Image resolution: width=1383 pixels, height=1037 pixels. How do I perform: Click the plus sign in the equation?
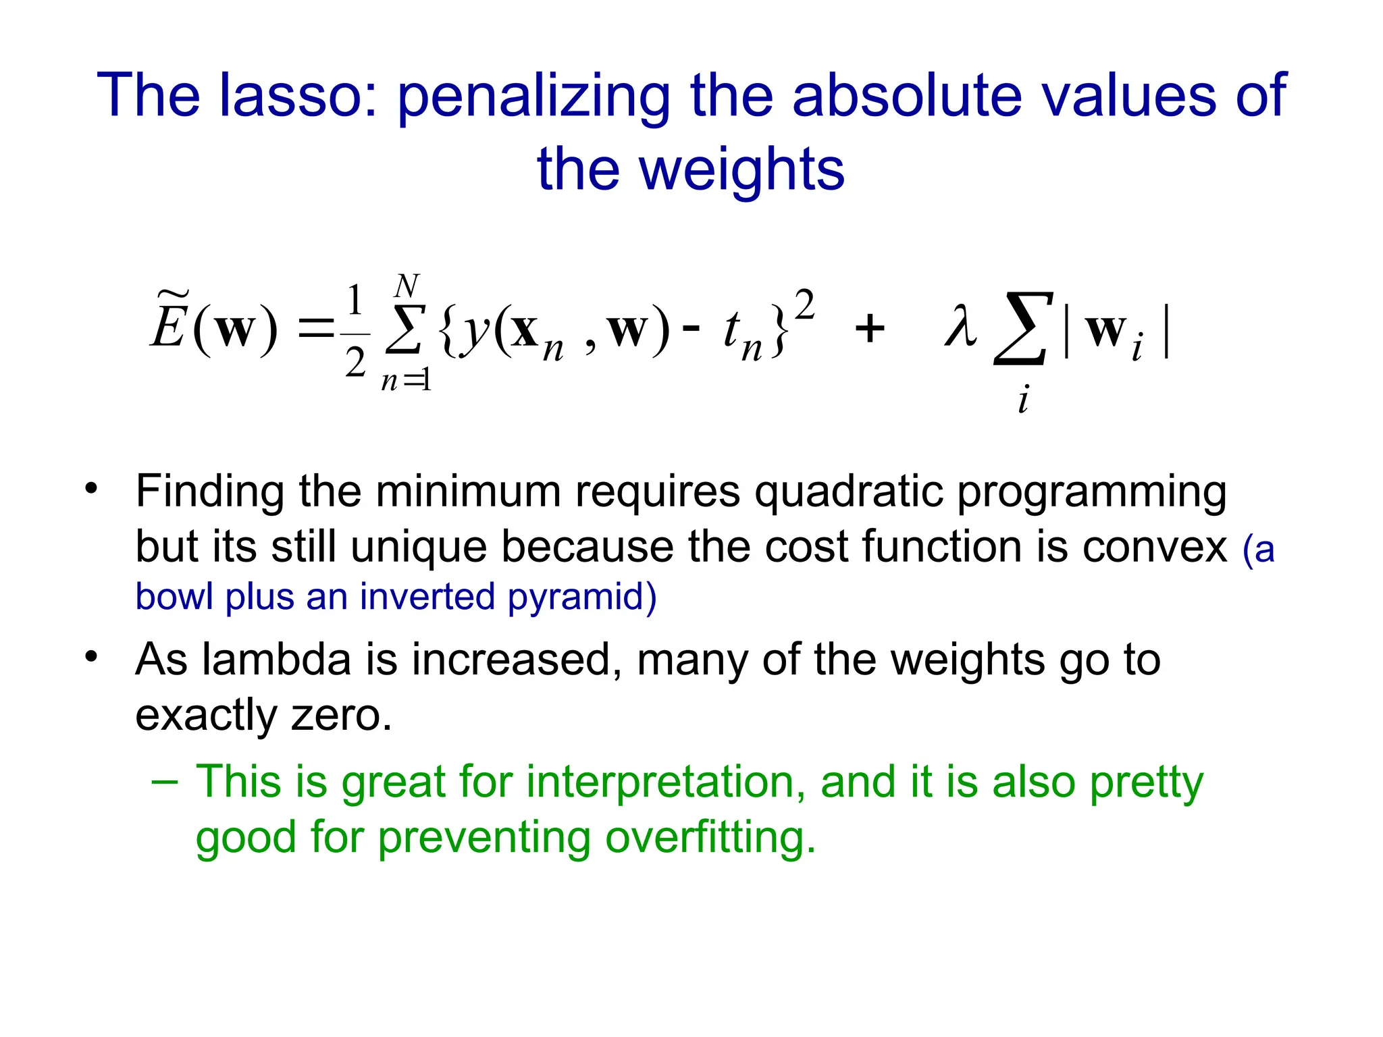[870, 330]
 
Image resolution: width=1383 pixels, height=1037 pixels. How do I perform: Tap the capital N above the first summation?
[407, 286]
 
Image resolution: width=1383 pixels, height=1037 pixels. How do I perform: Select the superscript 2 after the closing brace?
[804, 304]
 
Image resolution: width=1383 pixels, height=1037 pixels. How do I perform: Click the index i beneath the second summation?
[1023, 400]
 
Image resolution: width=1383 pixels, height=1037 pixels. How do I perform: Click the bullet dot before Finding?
[91, 488]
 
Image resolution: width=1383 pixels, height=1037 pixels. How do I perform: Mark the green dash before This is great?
[165, 782]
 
